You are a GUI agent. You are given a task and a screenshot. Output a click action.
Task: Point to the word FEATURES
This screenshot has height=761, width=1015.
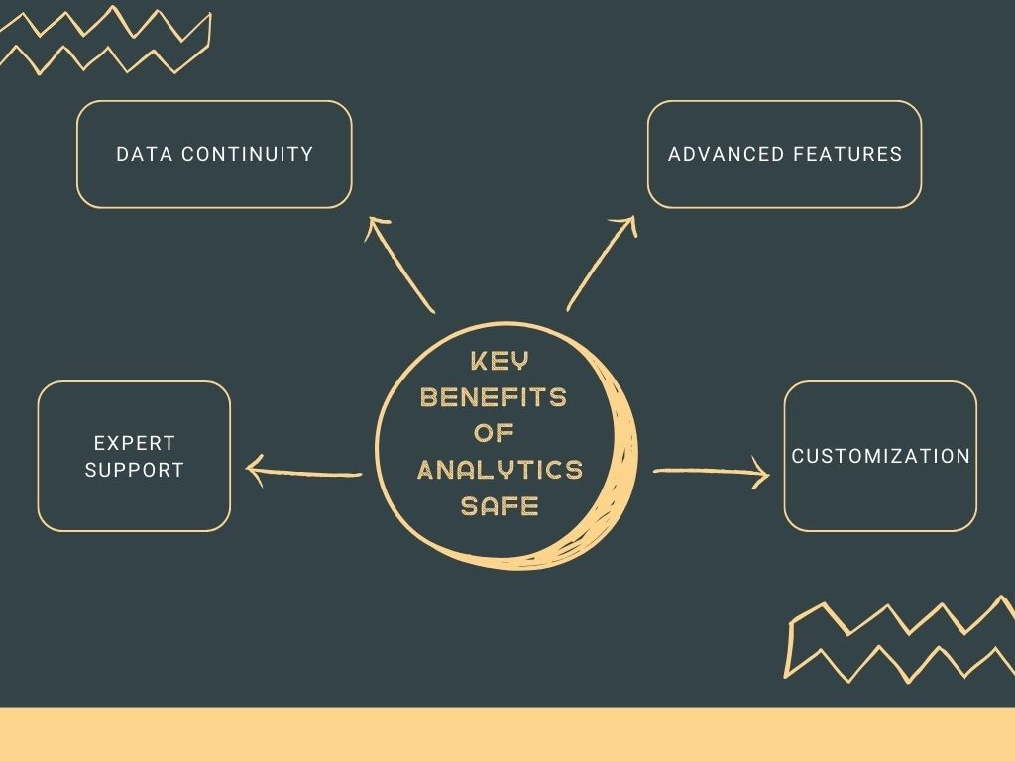[849, 154]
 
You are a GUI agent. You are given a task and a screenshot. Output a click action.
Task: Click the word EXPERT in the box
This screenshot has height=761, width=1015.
[134, 443]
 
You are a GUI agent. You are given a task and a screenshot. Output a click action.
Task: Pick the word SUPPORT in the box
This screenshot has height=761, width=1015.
[134, 470]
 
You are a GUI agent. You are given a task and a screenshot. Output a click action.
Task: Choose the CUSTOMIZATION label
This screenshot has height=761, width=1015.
[880, 456]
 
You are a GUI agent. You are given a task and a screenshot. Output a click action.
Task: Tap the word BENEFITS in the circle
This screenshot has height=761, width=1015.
[494, 397]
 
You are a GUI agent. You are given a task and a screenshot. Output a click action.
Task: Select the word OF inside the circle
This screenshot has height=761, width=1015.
[494, 433]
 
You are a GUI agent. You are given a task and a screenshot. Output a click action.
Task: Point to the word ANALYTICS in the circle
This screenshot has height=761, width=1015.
[500, 469]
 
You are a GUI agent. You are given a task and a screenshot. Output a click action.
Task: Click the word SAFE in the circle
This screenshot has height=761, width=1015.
[500, 505]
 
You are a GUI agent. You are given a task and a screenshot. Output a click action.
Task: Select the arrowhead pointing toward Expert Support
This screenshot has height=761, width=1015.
[254, 471]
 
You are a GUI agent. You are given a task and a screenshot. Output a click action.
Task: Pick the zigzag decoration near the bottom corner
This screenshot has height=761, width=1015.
[897, 639]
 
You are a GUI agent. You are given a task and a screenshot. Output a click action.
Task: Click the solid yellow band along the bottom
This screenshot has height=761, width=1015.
[507, 734]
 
